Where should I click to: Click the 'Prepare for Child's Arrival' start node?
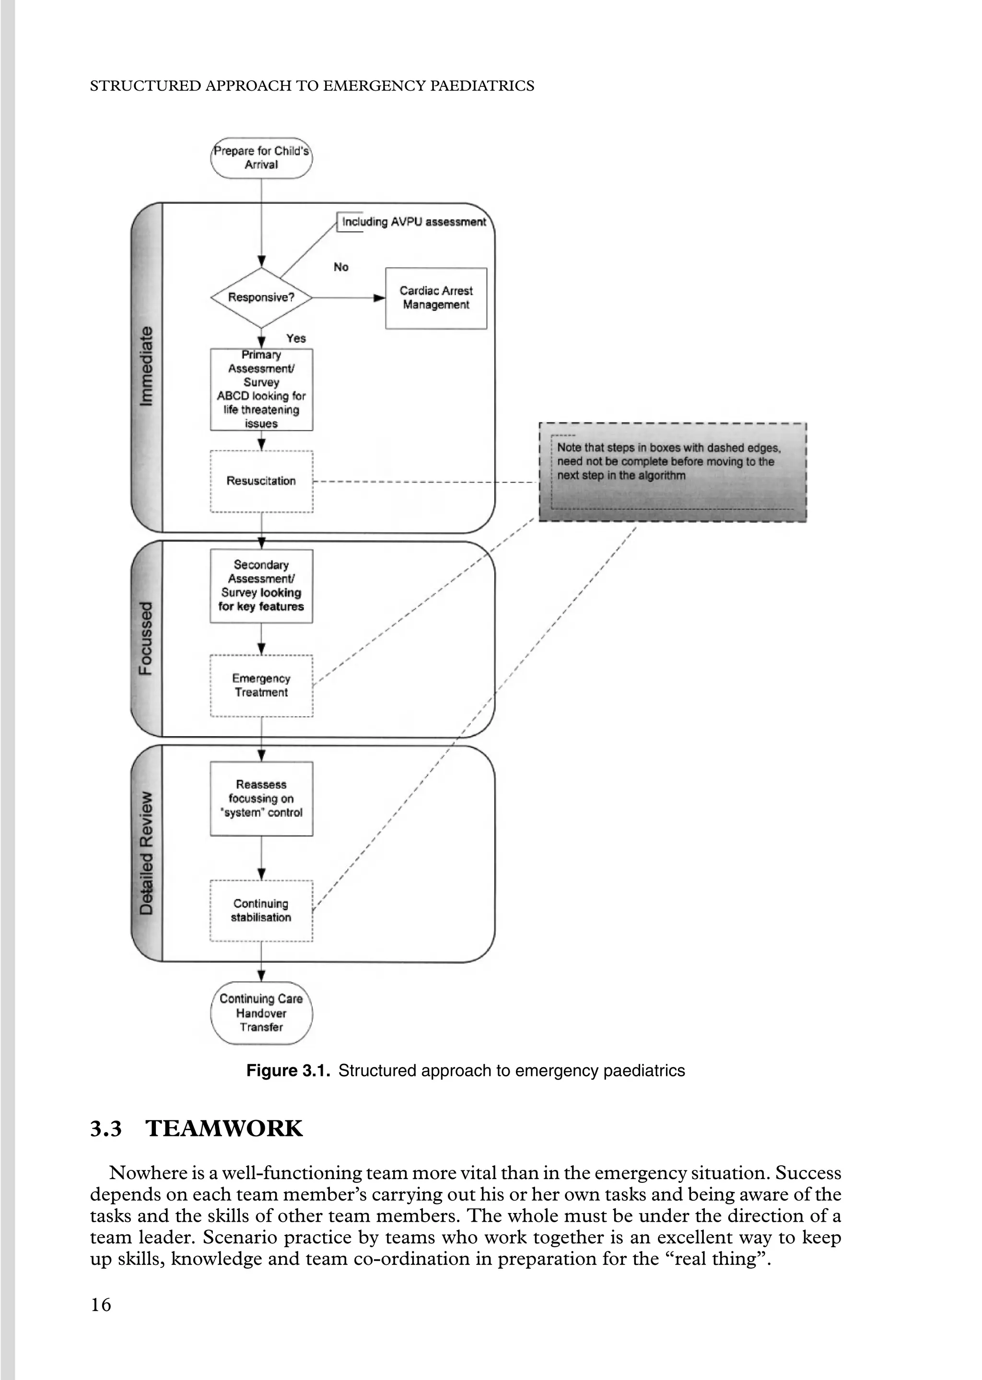pos(261,158)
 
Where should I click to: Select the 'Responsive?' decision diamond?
pos(261,297)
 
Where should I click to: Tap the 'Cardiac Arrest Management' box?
pos(436,298)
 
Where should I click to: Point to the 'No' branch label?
pos(341,267)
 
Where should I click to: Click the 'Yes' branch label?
pos(296,339)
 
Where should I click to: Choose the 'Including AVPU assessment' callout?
pos(414,222)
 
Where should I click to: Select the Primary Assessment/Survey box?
pos(261,389)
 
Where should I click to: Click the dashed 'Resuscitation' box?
pos(261,482)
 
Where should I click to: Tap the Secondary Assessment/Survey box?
pos(261,586)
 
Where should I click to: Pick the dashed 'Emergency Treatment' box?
pos(261,686)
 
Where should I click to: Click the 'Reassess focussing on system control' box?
pos(261,799)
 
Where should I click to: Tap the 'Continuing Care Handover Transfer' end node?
pos(261,1013)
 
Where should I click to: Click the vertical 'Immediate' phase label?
pos(146,366)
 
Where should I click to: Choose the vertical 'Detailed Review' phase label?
pos(146,853)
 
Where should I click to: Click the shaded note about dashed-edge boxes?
pos(672,472)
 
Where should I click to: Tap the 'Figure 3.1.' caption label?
pos(288,1071)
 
